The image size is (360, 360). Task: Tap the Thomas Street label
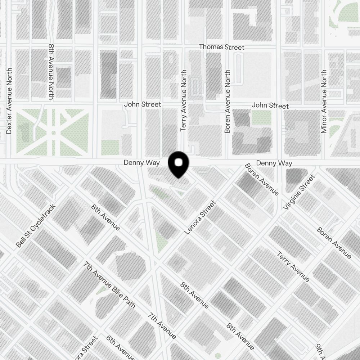point(221,47)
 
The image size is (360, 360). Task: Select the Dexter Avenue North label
point(9,101)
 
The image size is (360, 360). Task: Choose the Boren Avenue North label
point(227,102)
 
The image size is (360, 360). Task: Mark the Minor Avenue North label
point(324,102)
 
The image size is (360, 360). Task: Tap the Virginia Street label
point(299,192)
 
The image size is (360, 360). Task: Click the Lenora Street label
point(200,218)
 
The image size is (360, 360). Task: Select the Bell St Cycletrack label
point(36,226)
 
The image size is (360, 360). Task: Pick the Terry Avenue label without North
point(293,267)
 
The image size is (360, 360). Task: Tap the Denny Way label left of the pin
point(141,163)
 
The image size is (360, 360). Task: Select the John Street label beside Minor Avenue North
point(270,105)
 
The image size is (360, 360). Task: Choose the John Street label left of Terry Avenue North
point(143,104)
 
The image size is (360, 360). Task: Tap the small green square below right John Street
point(261,118)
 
